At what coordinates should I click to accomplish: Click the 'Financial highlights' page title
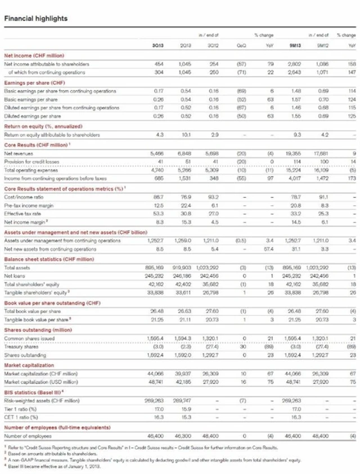click(x=35, y=19)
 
